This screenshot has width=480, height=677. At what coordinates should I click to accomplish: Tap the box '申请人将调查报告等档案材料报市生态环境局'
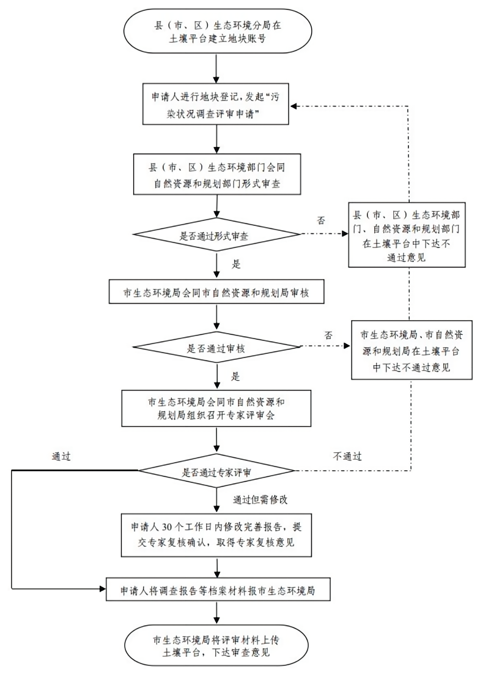[x=218, y=592]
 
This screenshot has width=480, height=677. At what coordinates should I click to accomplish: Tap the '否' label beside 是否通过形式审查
[x=322, y=220]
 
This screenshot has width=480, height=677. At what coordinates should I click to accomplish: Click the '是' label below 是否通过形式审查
[x=237, y=265]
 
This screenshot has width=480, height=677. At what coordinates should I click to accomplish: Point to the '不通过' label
[x=347, y=457]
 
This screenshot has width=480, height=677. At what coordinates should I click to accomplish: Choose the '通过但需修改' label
[x=260, y=499]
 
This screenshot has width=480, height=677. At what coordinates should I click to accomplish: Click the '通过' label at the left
[x=62, y=457]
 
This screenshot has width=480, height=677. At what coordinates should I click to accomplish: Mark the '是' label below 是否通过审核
[x=237, y=376]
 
